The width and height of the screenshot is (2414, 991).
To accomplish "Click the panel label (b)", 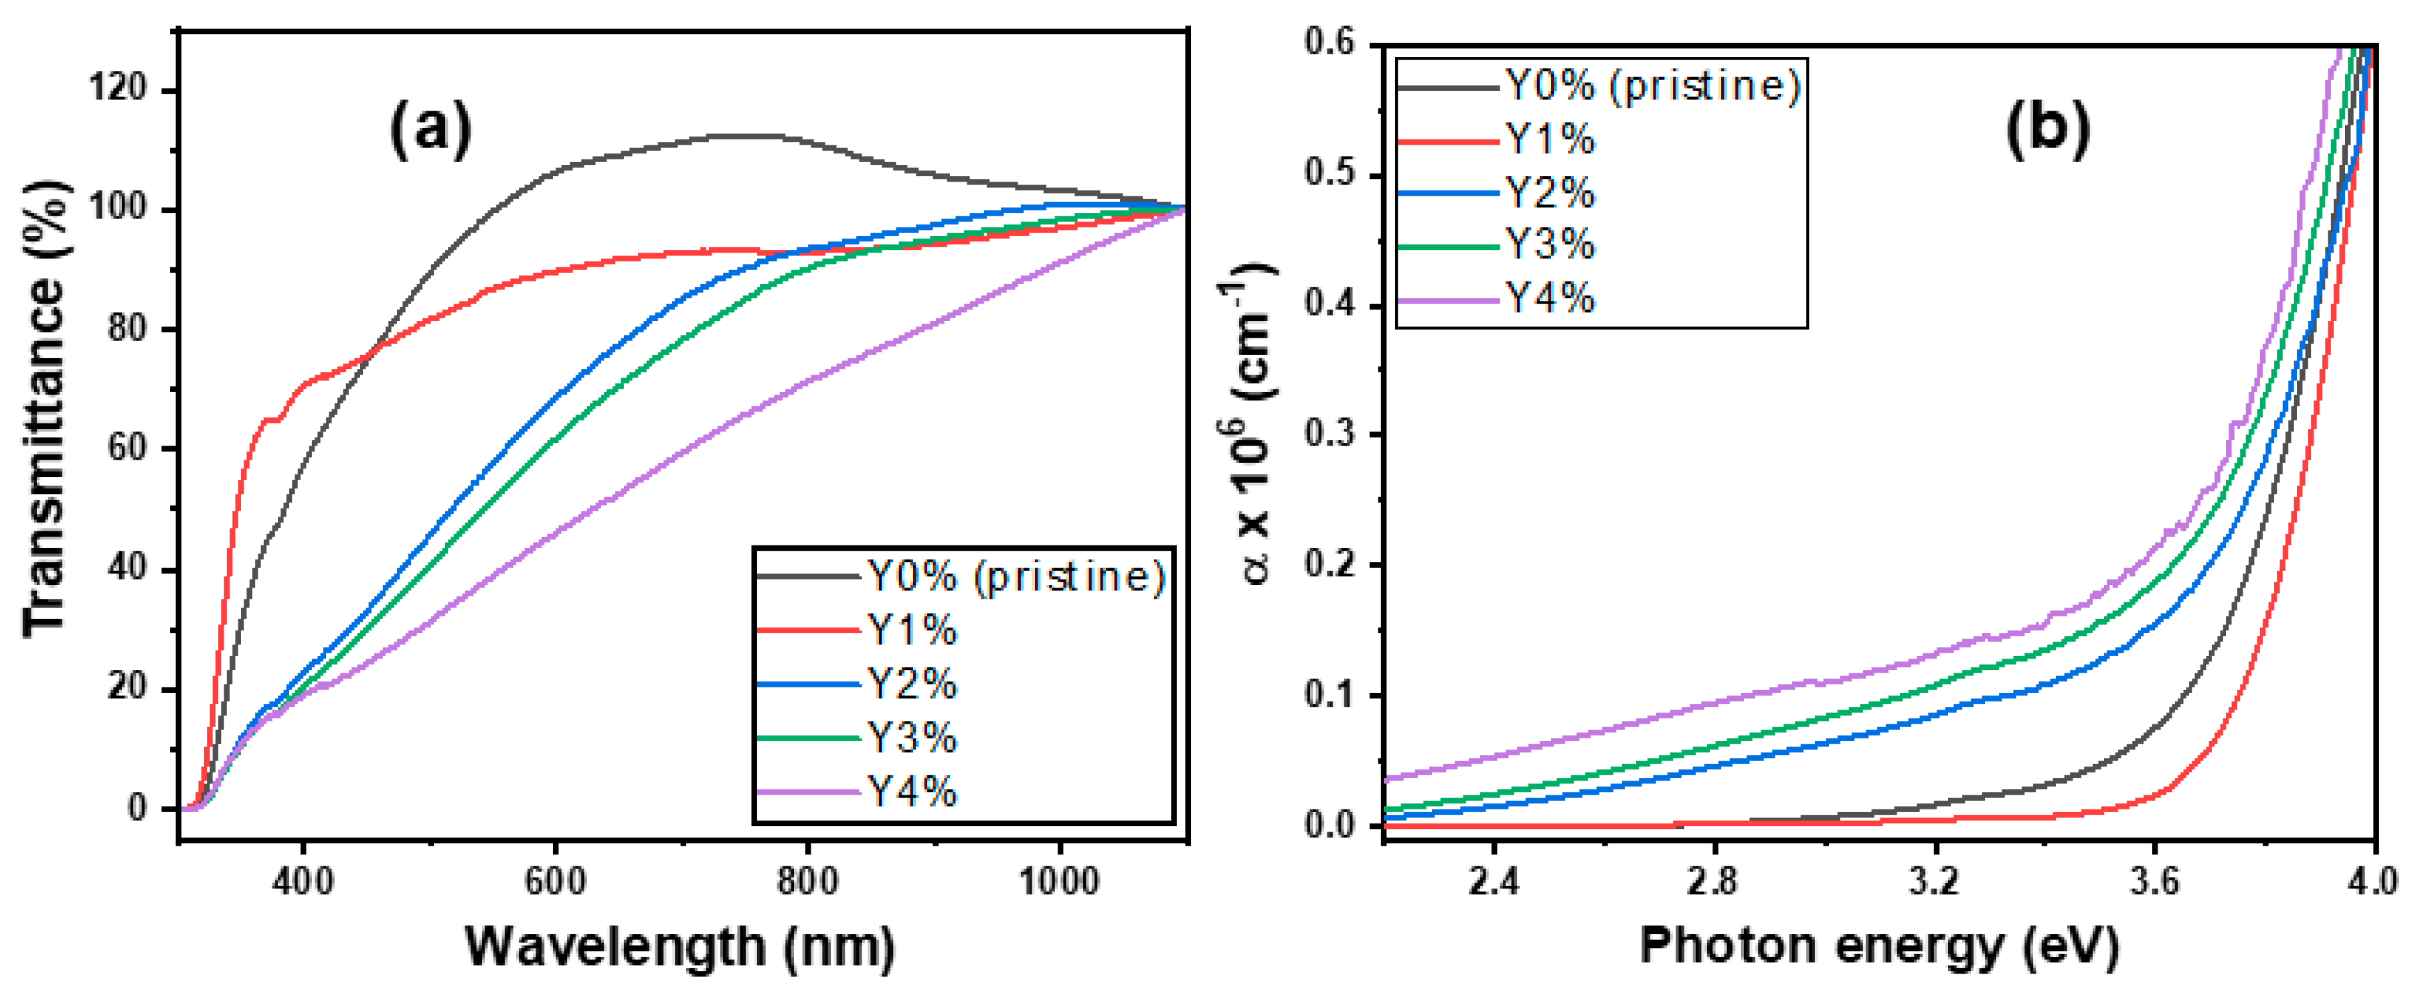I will [x=2048, y=129].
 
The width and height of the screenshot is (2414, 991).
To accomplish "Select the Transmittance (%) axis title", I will [x=47, y=408].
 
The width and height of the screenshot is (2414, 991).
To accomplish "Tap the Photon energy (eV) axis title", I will [x=1879, y=945].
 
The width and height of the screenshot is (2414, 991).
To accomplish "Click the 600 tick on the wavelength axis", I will [x=556, y=881].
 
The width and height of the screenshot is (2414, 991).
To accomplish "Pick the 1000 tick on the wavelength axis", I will [x=1060, y=881].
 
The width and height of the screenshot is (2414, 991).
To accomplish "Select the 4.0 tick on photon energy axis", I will [x=2372, y=881].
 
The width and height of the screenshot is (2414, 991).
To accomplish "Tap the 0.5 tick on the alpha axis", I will [x=1331, y=176].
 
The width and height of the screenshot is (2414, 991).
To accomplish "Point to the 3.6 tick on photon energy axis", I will [x=2154, y=881].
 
